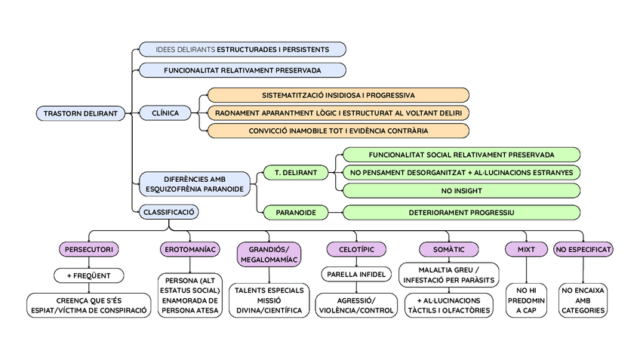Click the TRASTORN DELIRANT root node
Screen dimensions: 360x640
pyautogui.click(x=81, y=113)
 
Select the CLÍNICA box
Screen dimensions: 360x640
pyautogui.click(x=165, y=113)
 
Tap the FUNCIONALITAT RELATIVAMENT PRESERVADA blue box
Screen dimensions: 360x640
pyautogui.click(x=242, y=70)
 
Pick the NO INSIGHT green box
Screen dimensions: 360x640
pyautogui.click(x=461, y=191)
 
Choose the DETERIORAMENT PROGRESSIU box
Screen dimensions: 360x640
pyautogui.click(x=461, y=212)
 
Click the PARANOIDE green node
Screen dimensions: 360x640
pyautogui.click(x=294, y=212)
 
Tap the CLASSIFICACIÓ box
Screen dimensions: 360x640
pyautogui.click(x=168, y=212)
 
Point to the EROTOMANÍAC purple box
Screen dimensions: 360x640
pyautogui.click(x=189, y=249)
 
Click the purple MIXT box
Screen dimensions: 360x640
pyautogui.click(x=525, y=249)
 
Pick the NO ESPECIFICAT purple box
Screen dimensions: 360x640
pyautogui.click(x=583, y=249)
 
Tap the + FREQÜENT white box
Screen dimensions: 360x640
pyautogui.click(x=88, y=275)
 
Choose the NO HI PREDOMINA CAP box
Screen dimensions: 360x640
pyautogui.click(x=525, y=300)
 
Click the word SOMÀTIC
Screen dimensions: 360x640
pyautogui.click(x=448, y=249)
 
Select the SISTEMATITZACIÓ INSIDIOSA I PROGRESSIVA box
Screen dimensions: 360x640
pyautogui.click(x=338, y=95)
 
